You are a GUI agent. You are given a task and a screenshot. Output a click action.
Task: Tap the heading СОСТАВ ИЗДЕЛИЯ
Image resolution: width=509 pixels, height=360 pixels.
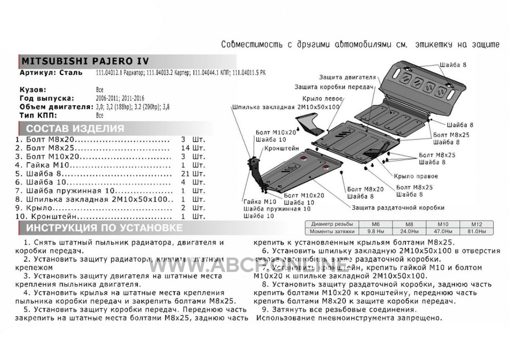[75, 129]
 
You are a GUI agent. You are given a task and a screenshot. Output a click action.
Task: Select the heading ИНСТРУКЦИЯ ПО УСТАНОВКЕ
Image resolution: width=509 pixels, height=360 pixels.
[104, 227]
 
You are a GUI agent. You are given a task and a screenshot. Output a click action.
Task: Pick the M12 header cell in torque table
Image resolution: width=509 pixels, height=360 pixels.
[477, 224]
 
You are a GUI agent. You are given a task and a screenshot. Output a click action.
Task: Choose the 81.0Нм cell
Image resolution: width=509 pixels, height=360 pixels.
[477, 231]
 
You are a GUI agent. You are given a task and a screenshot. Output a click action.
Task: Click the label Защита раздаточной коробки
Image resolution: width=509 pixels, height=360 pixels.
[397, 207]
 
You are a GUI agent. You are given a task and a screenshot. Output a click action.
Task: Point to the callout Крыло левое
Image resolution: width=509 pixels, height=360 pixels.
[324, 98]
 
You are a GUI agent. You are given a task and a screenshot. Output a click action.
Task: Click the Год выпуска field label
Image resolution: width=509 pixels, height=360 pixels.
[46, 98]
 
